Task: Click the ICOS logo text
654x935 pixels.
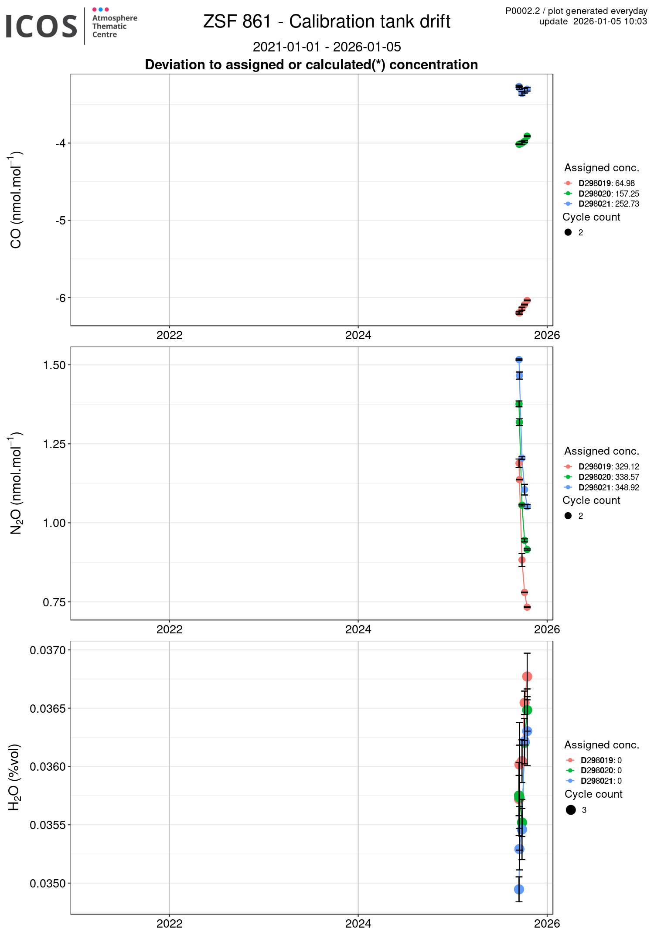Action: tap(41, 26)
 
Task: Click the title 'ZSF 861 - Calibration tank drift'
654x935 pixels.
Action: tap(327, 22)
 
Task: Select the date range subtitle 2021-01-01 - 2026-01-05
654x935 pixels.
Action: tap(327, 47)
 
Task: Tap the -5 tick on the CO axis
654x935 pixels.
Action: tap(60, 221)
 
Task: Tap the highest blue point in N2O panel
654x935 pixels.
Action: tap(519, 360)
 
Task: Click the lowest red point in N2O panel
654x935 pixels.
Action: tap(527, 607)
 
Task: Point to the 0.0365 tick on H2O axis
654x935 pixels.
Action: tap(48, 708)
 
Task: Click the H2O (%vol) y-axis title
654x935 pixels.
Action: tap(15, 777)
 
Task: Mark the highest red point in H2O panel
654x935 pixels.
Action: tap(527, 677)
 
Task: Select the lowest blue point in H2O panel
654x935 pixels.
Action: tap(519, 889)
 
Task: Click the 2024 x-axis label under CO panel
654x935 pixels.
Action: tap(358, 335)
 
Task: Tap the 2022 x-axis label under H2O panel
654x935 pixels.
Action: tap(169, 923)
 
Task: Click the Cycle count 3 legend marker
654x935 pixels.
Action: tap(571, 810)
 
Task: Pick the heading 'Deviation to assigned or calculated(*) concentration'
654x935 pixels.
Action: tap(311, 65)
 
